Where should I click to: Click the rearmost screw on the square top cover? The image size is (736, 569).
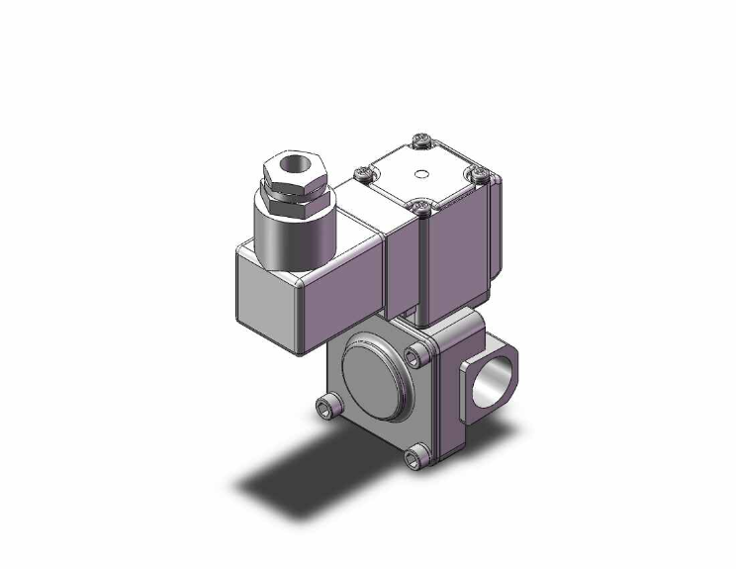point(423,142)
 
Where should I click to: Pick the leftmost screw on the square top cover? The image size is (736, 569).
point(363,175)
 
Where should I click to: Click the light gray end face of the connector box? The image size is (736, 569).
point(268,299)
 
